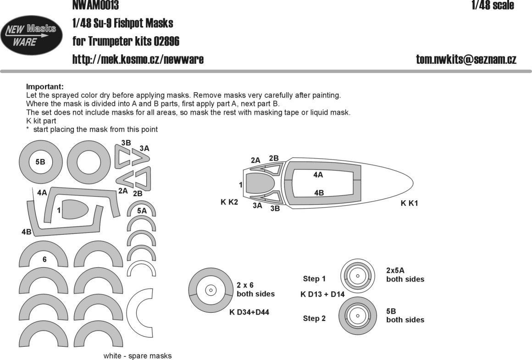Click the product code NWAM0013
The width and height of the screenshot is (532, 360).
95,5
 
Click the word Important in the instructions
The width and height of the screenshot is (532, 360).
44,87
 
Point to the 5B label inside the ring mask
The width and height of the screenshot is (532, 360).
40,162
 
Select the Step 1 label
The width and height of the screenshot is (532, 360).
314,279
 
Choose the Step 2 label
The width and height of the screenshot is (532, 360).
314,318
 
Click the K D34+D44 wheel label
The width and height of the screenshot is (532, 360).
249,313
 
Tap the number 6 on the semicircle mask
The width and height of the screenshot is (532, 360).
44,260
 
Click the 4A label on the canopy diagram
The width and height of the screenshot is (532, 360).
318,175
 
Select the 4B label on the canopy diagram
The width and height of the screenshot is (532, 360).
319,193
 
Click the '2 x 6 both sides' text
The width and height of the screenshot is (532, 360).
255,289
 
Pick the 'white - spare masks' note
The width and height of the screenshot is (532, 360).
138,356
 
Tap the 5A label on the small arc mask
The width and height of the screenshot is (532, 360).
142,211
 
